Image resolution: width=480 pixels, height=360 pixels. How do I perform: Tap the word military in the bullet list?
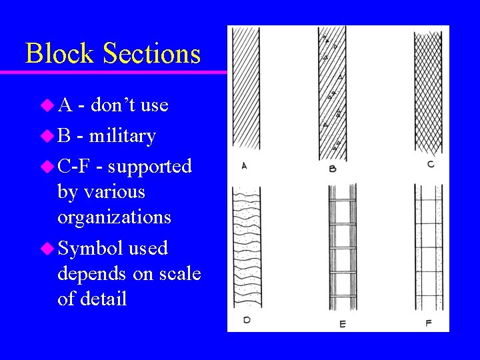[x=122, y=135]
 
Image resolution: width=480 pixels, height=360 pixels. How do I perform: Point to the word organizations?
[x=114, y=217]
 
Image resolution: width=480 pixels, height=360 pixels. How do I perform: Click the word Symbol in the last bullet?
[x=90, y=248]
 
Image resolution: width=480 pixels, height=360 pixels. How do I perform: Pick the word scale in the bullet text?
[x=177, y=273]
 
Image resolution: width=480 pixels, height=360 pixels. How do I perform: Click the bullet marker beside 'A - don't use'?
[x=47, y=105]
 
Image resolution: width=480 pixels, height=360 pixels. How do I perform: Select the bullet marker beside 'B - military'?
[x=47, y=136]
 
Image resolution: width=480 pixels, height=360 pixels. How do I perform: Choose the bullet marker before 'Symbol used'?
[x=47, y=249]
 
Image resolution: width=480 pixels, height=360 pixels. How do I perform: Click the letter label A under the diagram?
[x=244, y=165]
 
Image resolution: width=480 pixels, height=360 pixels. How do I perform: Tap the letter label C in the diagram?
[x=431, y=164]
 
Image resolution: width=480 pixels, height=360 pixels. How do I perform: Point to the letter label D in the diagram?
[x=247, y=320]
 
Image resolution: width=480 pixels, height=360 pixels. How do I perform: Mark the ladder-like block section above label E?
[x=343, y=247]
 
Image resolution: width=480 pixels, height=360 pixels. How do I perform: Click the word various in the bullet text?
[x=101, y=192]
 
